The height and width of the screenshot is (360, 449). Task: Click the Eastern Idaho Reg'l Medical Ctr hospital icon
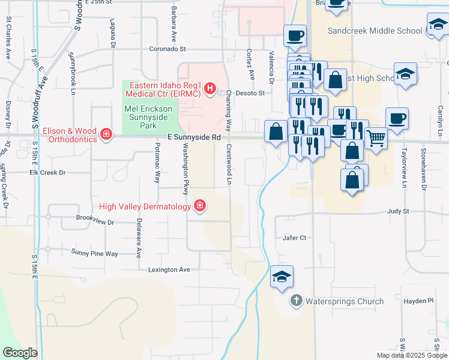pos(210,89)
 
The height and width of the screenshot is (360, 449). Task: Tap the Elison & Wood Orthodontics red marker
pos(106,133)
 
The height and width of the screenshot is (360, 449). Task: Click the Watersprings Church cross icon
pos(297,301)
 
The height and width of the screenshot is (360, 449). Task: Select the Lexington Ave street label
pos(169,270)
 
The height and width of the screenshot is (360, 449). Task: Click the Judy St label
pos(398,211)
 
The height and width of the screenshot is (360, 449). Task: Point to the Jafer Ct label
pos(295,238)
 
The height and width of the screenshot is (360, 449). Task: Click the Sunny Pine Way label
pos(94,253)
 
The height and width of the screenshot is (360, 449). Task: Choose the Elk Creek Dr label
pos(47,172)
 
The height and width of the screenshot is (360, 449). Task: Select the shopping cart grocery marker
pos(376,139)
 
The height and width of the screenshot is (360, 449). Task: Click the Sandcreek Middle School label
pos(375,31)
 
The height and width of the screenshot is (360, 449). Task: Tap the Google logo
pos(20,353)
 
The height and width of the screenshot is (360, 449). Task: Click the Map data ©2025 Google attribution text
pos(411,355)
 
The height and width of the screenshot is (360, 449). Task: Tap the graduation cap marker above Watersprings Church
pos(282,277)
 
